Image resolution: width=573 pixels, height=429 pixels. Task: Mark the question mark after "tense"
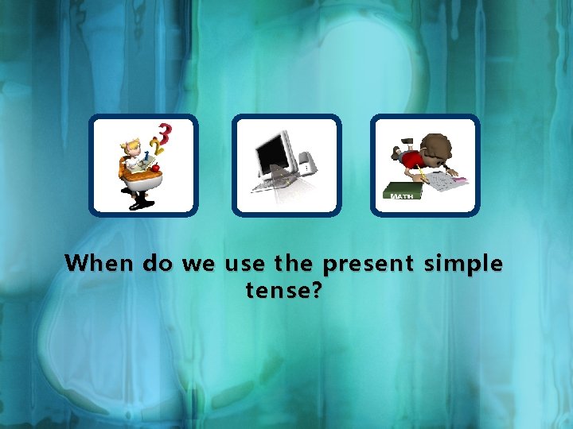[x=316, y=291]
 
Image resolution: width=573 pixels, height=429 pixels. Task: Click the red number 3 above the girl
[x=166, y=130]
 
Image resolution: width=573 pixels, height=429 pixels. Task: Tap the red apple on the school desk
[x=157, y=167]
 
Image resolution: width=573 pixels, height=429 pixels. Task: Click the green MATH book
[x=402, y=193]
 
